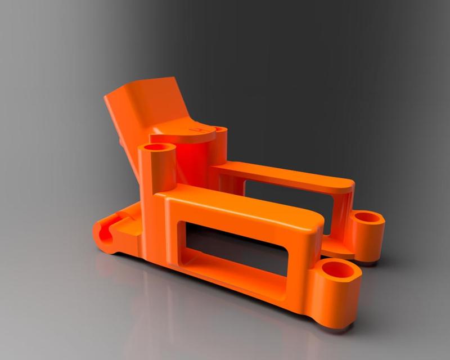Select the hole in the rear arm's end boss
click(x=368, y=217)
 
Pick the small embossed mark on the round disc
click(x=198, y=130)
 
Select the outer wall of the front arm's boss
click(x=337, y=304)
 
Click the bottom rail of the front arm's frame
click(x=236, y=284)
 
